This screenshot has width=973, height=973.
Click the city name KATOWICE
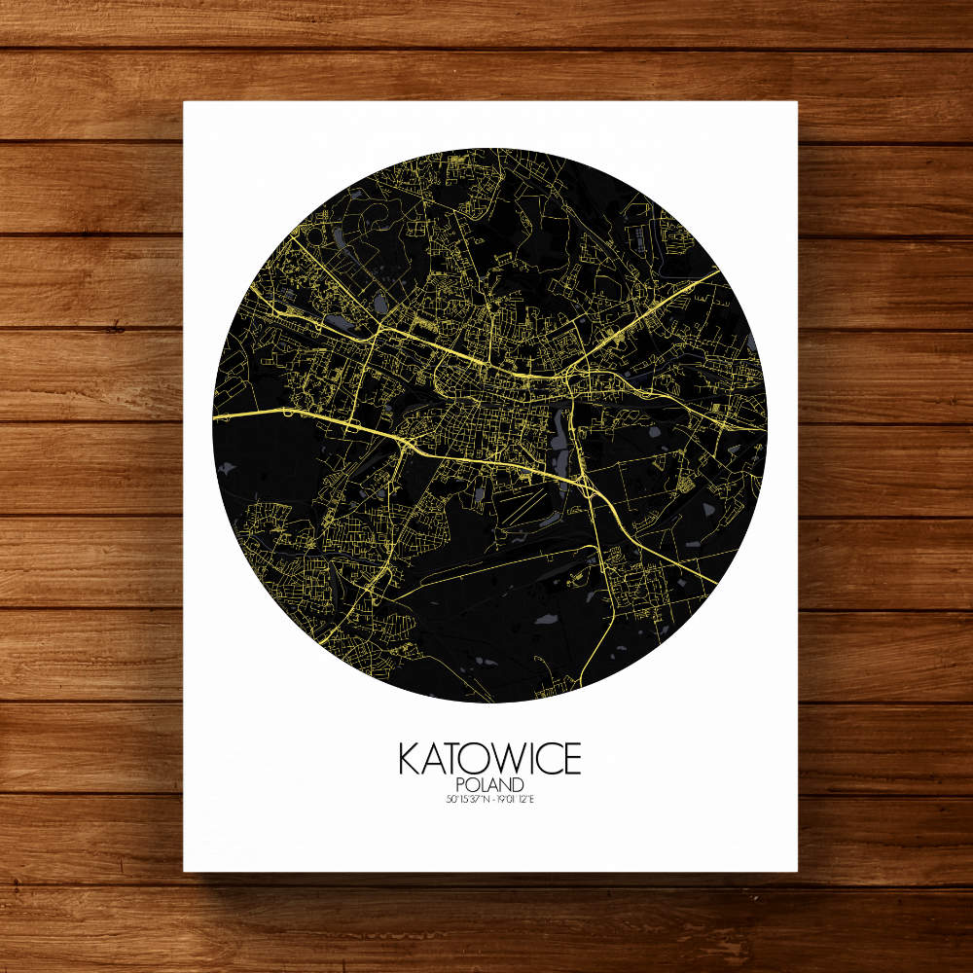click(488, 759)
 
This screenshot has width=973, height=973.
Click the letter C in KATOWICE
click(546, 759)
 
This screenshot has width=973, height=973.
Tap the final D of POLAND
click(520, 785)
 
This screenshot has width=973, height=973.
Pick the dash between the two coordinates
click(489, 801)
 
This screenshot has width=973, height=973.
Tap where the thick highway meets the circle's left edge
click(215, 415)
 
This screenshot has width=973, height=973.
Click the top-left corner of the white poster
click(185, 102)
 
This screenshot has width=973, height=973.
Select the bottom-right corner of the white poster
click(797, 870)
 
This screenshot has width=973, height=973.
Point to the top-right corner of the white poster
click(797, 102)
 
